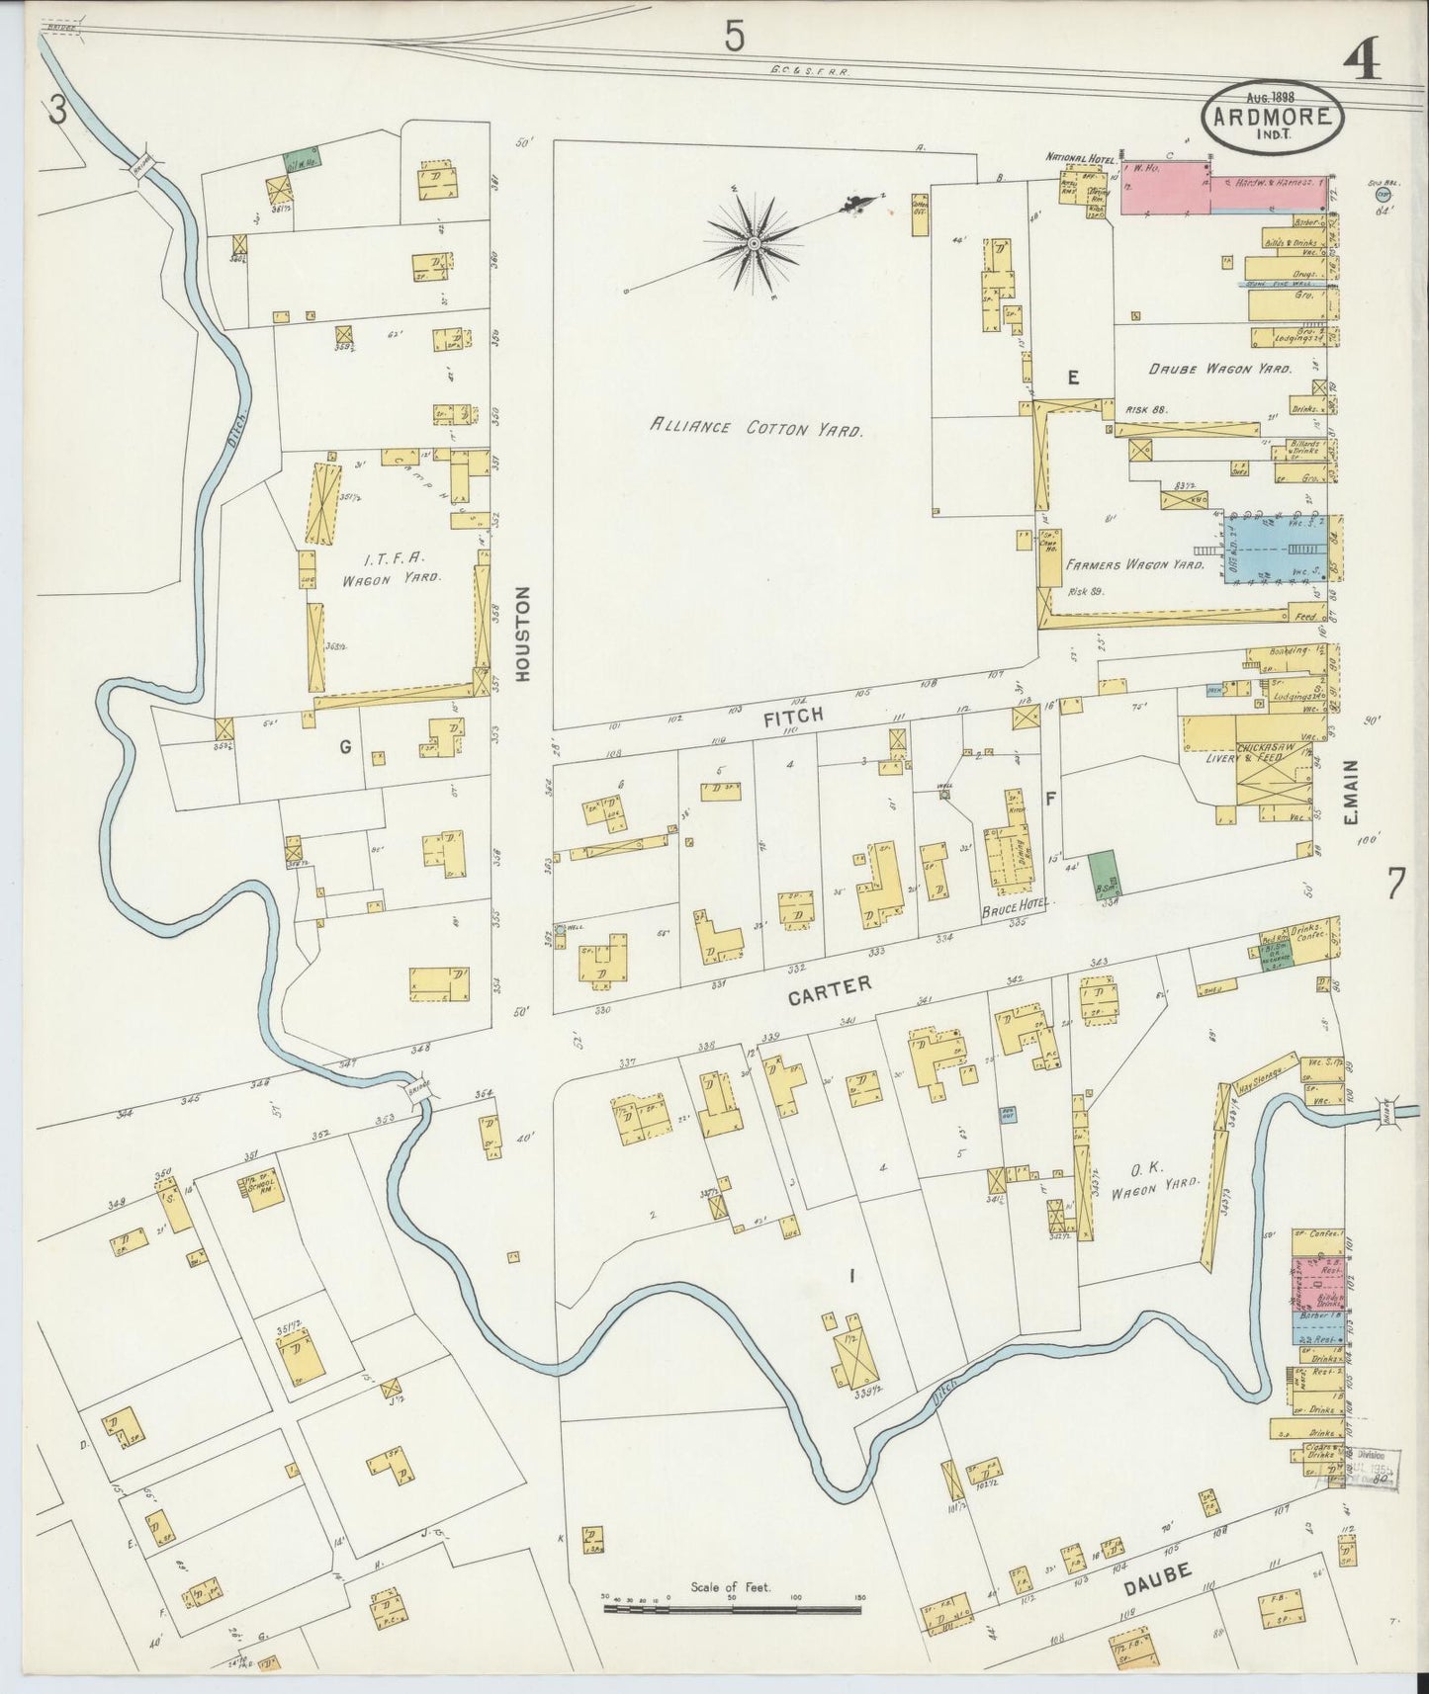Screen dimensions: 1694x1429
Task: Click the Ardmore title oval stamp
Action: pos(1273,118)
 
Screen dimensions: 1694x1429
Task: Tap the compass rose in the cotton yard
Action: pos(754,242)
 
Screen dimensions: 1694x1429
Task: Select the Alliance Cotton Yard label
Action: pos(757,428)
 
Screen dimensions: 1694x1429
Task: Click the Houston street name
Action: pos(523,633)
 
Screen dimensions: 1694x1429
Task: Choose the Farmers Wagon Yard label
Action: pos(1134,565)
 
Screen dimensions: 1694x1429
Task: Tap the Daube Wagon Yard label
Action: pos(1219,368)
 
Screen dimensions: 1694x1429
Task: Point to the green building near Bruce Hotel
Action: pos(1106,871)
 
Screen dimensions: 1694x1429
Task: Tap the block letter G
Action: pos(346,747)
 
